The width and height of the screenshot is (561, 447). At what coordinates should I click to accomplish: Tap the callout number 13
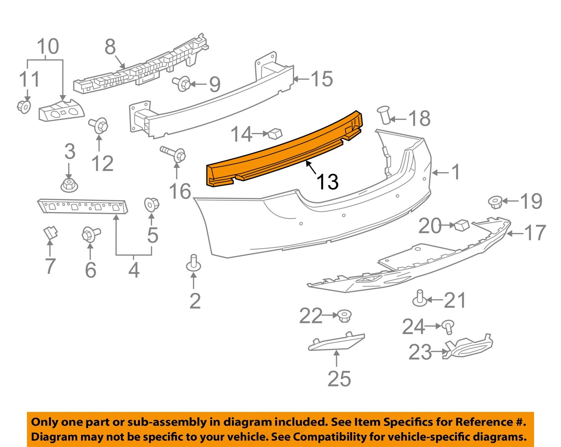click(328, 182)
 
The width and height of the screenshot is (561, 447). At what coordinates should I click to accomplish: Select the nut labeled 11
click(24, 106)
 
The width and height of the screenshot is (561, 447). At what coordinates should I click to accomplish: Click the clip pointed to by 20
click(462, 225)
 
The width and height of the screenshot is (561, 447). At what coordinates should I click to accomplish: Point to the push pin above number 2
click(193, 263)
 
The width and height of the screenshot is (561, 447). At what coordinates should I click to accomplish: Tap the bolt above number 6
click(90, 235)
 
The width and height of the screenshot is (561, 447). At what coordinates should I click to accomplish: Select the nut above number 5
click(151, 204)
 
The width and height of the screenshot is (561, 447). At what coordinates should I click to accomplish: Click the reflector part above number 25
click(335, 342)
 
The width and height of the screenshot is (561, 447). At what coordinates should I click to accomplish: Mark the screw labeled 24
click(448, 326)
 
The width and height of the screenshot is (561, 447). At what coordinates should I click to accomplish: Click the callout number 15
click(322, 79)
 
